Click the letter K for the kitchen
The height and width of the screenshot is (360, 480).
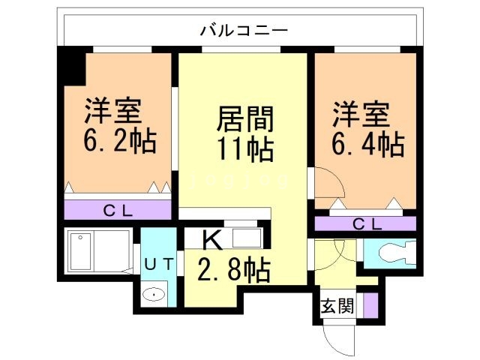[212, 240]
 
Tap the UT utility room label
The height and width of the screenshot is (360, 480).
[158, 263]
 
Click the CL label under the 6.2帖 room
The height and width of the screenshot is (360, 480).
[118, 211]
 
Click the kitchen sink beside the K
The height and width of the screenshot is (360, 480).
[247, 238]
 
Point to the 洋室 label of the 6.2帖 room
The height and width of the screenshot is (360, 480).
[111, 112]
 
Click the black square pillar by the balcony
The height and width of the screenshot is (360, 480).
[73, 65]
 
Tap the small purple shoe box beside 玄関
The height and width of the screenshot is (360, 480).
[369, 306]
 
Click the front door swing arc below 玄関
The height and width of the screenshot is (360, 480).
[342, 337]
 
